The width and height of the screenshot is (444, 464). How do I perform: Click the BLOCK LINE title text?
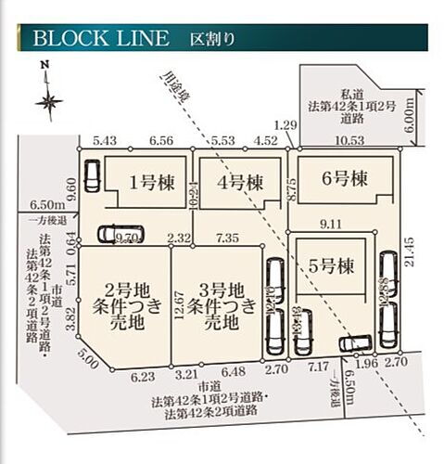click(102, 39)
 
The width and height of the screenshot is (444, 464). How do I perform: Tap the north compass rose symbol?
click(49, 98)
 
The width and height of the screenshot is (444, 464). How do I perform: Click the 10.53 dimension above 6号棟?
click(349, 139)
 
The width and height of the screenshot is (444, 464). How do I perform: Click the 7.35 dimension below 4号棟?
click(226, 238)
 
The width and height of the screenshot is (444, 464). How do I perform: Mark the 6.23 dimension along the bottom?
click(144, 377)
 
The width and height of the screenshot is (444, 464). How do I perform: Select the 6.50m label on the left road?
click(46, 205)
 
